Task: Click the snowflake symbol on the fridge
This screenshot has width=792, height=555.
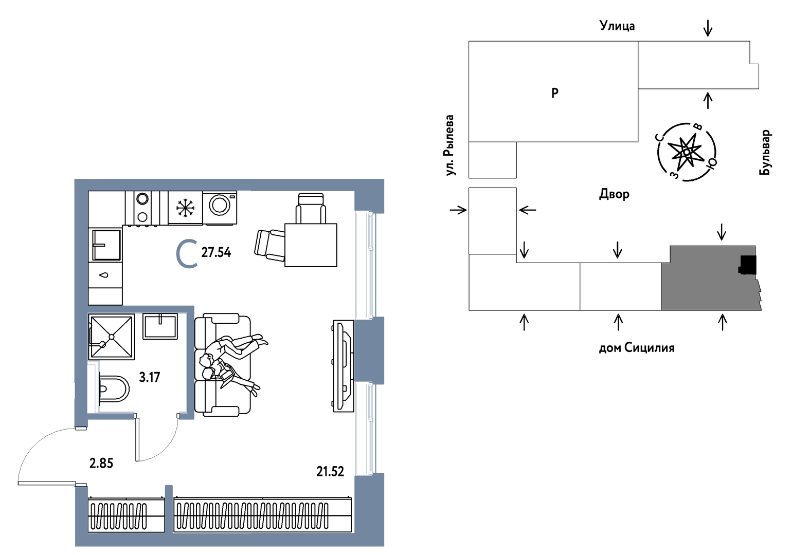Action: pyautogui.click(x=185, y=208)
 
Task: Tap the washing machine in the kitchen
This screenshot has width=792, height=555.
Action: pyautogui.click(x=219, y=208)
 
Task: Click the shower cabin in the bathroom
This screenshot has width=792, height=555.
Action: pyautogui.click(x=112, y=337)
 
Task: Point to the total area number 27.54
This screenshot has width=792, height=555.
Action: pyautogui.click(x=216, y=253)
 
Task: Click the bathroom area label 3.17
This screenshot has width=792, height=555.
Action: pyautogui.click(x=150, y=377)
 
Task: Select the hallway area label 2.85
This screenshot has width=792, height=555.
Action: pyautogui.click(x=101, y=463)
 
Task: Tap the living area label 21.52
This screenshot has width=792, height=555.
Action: pyautogui.click(x=330, y=472)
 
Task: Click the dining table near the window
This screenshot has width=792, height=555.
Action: pyautogui.click(x=311, y=245)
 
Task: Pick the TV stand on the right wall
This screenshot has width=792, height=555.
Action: pyautogui.click(x=343, y=366)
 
